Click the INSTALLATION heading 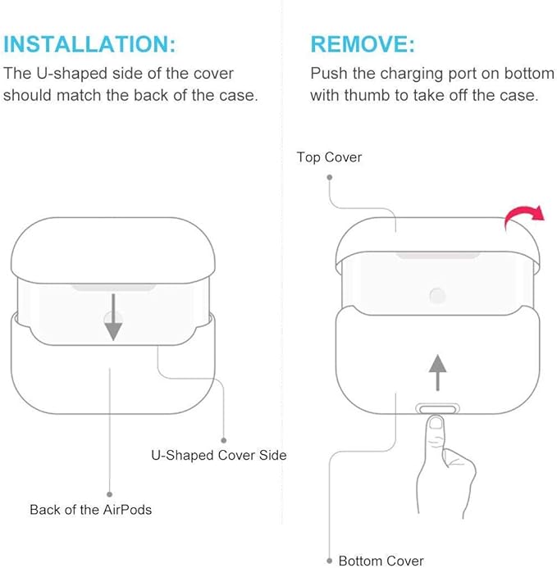tap(89, 44)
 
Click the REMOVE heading tap(363, 44)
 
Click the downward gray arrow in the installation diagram tap(113, 317)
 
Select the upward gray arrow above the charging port tap(438, 372)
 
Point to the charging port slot tap(437, 409)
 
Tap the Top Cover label tap(329, 157)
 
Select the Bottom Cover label tap(381, 561)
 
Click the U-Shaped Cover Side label tap(219, 455)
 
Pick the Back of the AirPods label tap(91, 510)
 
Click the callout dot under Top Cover tap(329, 177)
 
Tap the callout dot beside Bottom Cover tap(329, 561)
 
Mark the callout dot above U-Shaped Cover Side tap(224, 440)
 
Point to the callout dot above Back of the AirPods tap(110, 494)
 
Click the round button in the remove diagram tap(437, 296)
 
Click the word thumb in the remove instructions tap(368, 96)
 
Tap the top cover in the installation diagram tap(112, 250)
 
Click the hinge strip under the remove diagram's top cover tap(438, 256)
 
